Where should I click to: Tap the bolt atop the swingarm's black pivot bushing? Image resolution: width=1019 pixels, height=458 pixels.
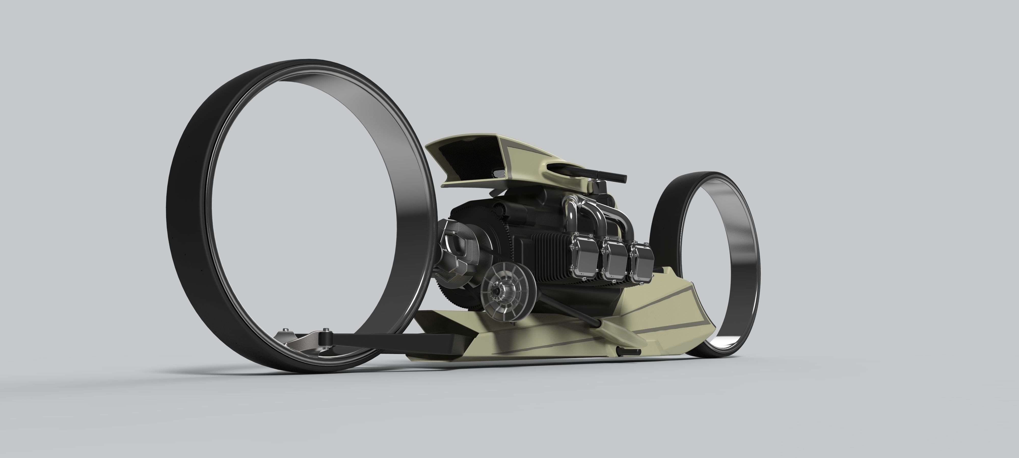(325, 330)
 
